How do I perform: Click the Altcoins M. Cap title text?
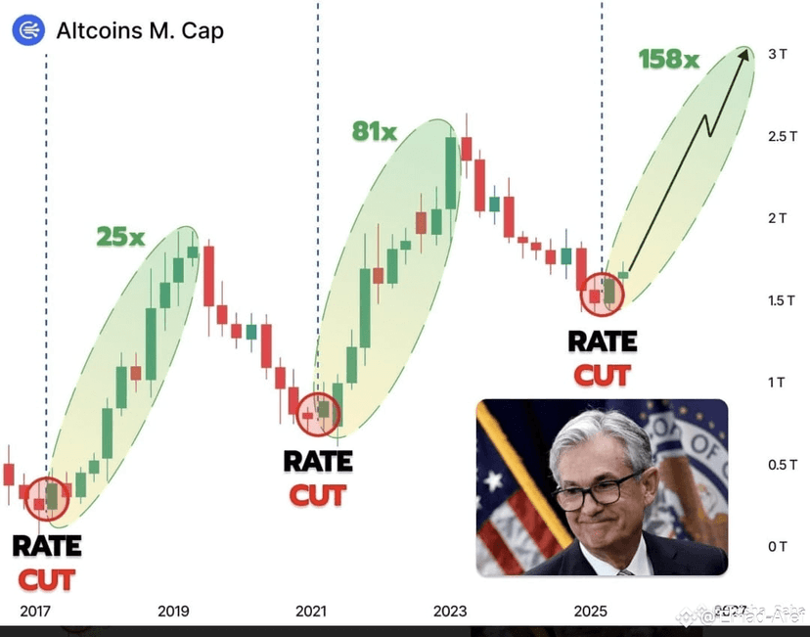click(x=140, y=30)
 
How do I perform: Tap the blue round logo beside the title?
click(x=28, y=30)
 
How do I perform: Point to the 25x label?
click(x=120, y=236)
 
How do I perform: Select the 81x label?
click(x=375, y=130)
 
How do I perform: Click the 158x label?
click(x=669, y=60)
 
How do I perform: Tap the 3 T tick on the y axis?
click(x=777, y=55)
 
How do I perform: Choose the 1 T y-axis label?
click(x=777, y=382)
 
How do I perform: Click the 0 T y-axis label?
click(x=777, y=545)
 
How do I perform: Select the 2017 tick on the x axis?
click(x=35, y=611)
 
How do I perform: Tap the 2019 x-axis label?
click(x=173, y=611)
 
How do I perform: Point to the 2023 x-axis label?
click(x=450, y=611)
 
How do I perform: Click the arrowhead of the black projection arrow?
click(x=746, y=54)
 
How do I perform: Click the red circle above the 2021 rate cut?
click(x=317, y=414)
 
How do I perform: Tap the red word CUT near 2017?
click(x=47, y=579)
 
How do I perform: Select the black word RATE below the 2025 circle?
click(x=603, y=342)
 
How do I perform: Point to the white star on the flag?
click(x=492, y=481)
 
